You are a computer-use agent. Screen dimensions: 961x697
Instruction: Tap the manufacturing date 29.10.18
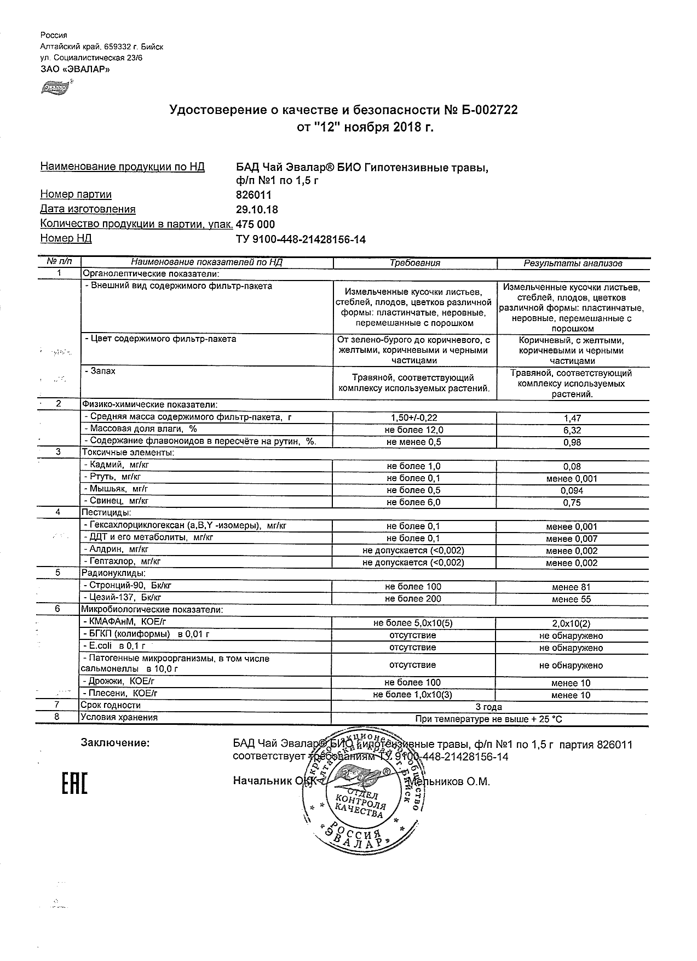coord(256,209)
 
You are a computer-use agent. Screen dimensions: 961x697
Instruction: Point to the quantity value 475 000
coord(255,224)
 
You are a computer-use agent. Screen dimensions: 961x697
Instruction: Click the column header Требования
coord(414,263)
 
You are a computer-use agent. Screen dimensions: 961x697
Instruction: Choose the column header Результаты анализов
coord(573,263)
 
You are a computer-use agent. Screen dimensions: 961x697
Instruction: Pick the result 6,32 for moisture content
coord(572,431)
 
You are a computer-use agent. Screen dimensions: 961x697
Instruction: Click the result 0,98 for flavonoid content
coord(572,443)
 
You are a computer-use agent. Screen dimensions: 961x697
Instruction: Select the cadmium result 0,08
coord(572,467)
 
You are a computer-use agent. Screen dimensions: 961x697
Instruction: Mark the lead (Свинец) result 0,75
coord(572,502)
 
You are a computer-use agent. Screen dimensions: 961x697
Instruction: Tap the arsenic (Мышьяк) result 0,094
coord(572,490)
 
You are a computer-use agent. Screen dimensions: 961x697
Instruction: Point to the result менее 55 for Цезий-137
coord(572,599)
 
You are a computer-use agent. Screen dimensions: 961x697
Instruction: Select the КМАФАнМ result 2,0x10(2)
coord(572,623)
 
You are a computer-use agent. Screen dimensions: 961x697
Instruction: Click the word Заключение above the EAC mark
coord(114,743)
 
